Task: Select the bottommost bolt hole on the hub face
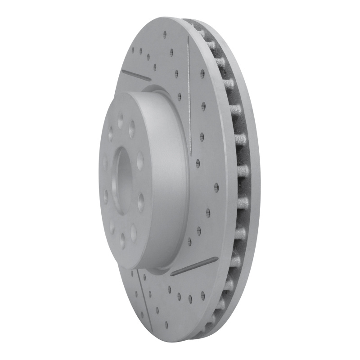[122, 242]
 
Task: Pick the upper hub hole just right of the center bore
[140, 160]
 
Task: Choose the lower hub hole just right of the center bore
[141, 202]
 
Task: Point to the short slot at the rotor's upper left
[136, 75]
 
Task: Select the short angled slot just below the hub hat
[194, 266]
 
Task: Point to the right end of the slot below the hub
[217, 259]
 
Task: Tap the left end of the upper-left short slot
[122, 70]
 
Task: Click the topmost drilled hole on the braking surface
[165, 34]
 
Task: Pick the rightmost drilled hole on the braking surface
[216, 187]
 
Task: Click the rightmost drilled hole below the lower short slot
[202, 295]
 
